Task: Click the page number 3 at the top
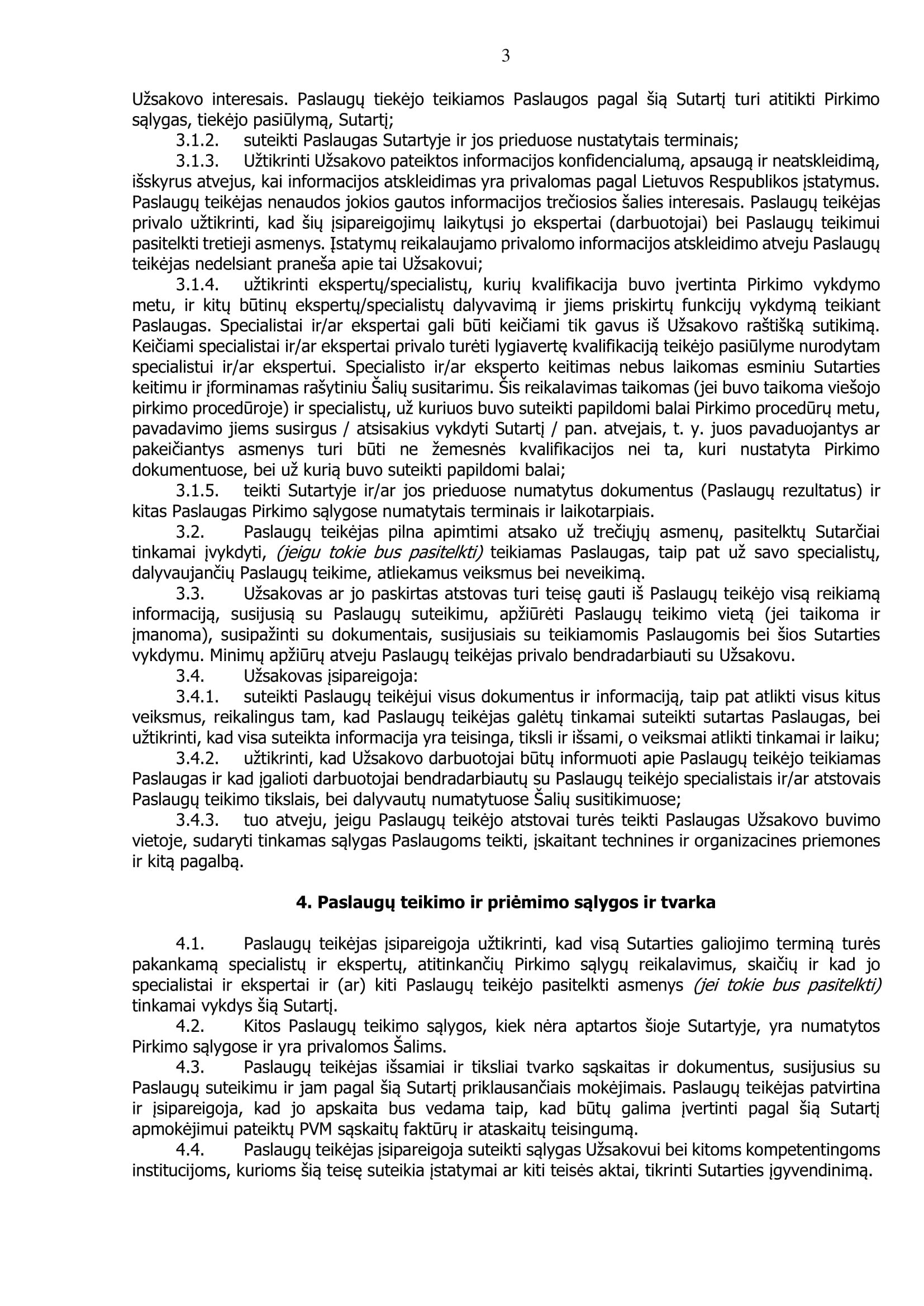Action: pos(505,56)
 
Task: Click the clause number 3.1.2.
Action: pos(197,141)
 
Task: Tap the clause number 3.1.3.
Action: pos(197,161)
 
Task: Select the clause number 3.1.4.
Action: pos(197,284)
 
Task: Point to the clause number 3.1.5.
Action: pos(197,490)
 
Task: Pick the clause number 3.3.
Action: pos(190,594)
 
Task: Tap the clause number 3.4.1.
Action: pos(197,696)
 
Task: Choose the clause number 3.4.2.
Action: pos(197,758)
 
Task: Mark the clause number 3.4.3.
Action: pos(197,820)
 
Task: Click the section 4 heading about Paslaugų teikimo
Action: pos(505,903)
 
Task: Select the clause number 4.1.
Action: pos(190,944)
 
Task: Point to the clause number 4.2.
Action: pos(190,1026)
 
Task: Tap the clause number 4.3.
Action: pos(190,1067)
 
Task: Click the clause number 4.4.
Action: pos(190,1150)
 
